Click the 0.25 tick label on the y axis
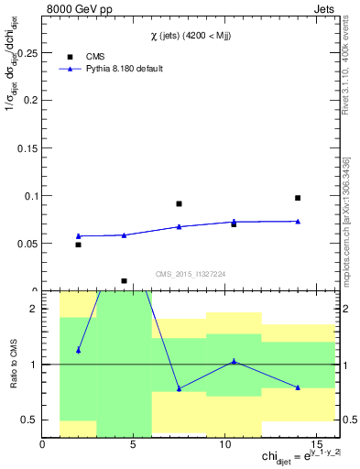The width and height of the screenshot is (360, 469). [x=26, y=53]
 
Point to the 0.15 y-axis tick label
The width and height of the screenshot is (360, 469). [x=26, y=148]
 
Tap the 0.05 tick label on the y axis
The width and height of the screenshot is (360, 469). [x=26, y=244]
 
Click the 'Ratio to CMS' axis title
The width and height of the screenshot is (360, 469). [x=12, y=364]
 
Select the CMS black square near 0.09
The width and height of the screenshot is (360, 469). [x=179, y=203]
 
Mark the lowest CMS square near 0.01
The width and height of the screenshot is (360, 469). [x=124, y=281]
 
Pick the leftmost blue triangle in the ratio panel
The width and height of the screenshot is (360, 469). [x=79, y=350]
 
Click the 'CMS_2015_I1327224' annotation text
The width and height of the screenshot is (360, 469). [x=191, y=274]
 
